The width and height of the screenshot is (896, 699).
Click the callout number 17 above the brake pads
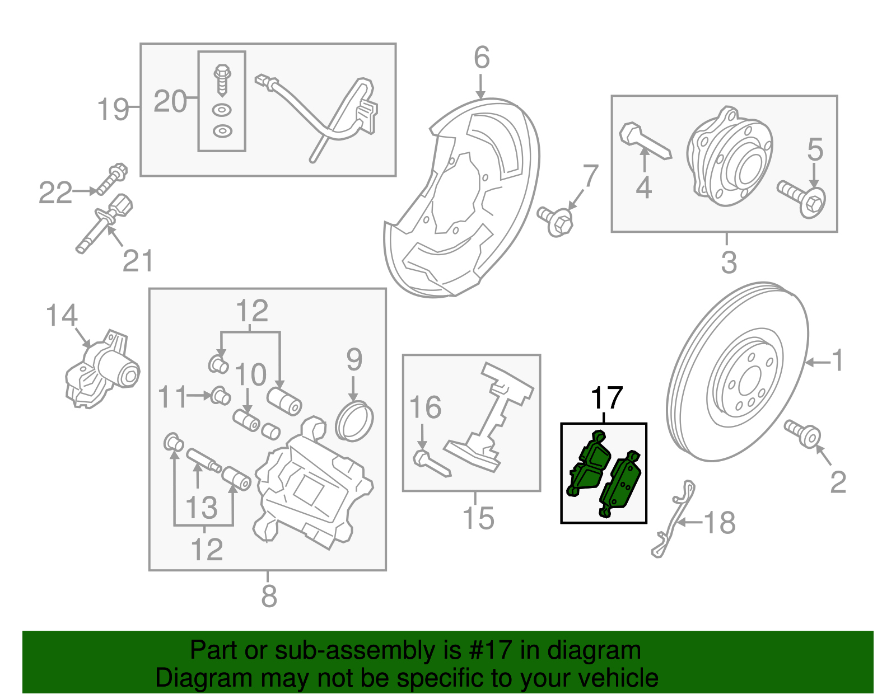point(606,398)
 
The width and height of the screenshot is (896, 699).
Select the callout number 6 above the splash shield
point(482,58)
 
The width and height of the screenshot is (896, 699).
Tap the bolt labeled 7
point(556,221)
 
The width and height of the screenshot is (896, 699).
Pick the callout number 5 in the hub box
point(815,149)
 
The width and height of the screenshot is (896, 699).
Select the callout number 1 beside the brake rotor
point(837,361)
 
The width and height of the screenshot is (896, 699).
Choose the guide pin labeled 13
point(204,461)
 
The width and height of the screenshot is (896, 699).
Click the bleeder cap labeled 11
point(220,396)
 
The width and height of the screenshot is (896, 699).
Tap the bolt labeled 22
point(112,178)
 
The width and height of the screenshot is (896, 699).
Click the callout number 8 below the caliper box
point(269,597)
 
